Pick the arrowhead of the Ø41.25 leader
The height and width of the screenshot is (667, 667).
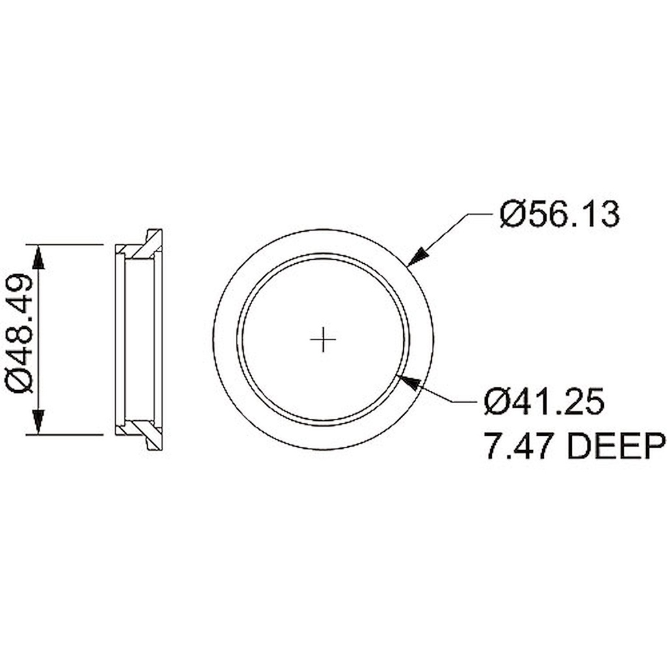coord(408,382)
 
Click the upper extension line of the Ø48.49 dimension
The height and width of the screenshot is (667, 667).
coord(65,244)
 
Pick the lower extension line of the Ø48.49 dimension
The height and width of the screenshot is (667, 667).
coord(65,434)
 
